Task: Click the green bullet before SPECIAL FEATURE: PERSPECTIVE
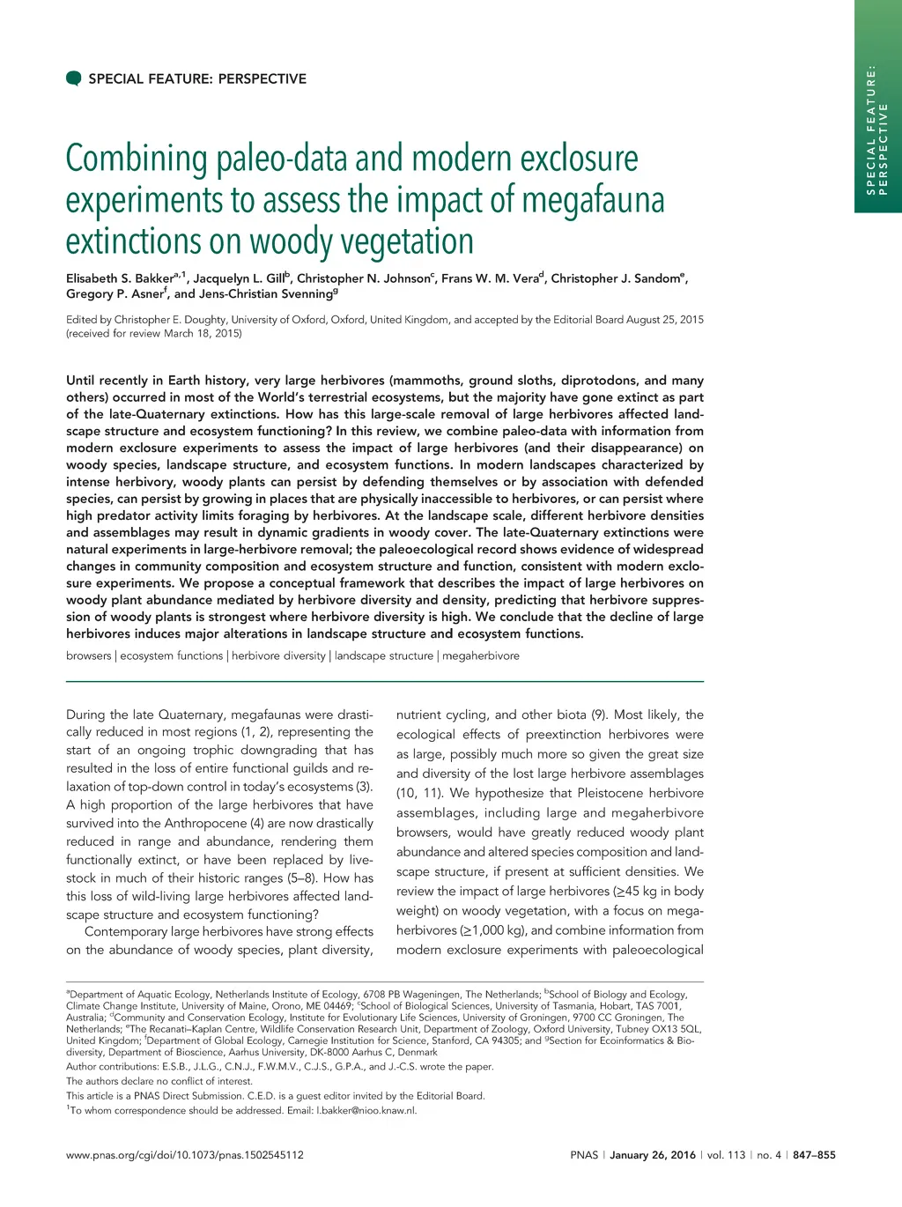74,78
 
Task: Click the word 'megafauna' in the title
593,200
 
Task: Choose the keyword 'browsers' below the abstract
89,655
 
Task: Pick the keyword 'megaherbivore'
481,655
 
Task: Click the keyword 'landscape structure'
383,655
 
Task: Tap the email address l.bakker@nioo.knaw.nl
366,1110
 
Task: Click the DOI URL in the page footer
185,1155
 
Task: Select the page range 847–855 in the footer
814,1155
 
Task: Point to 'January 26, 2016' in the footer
653,1155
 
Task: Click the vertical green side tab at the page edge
878,106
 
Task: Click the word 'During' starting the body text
85,715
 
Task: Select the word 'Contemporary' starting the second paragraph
124,931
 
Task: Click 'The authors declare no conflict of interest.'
159,1081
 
